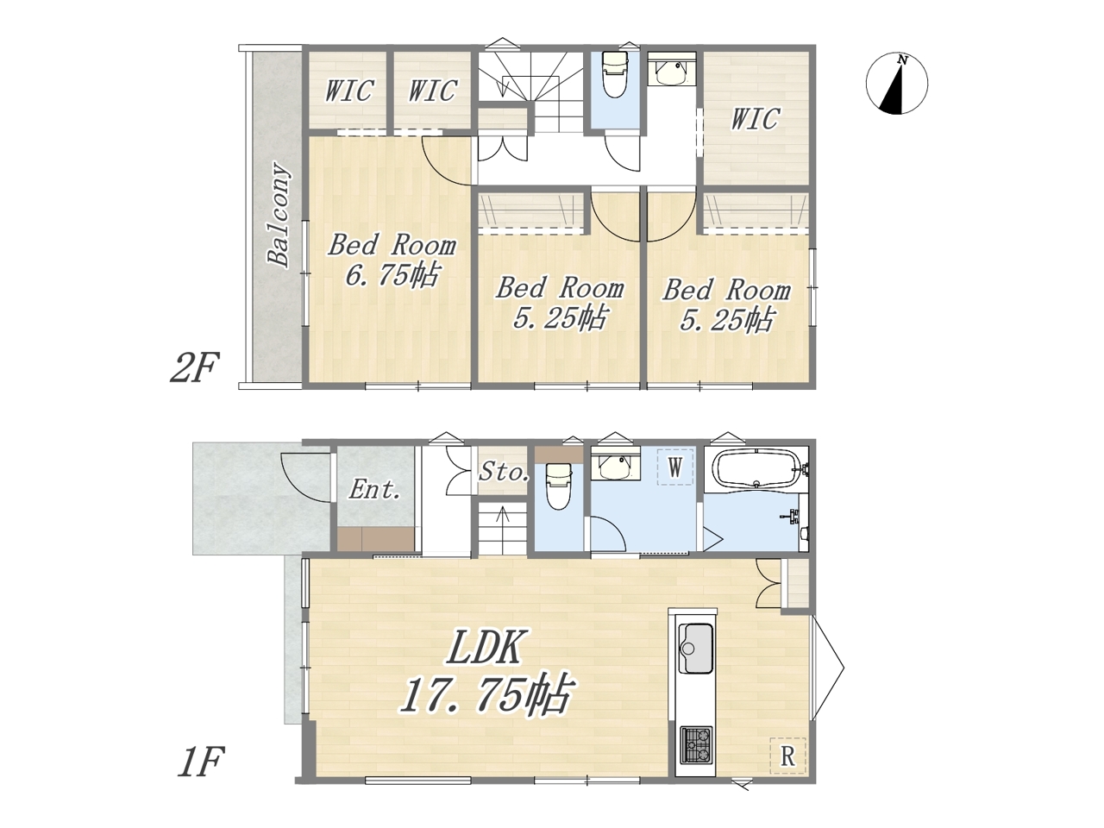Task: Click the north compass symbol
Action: (897, 84)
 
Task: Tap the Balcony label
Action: (279, 214)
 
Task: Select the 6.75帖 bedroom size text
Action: (392, 274)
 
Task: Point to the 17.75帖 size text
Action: (486, 694)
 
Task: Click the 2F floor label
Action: (195, 367)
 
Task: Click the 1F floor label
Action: (200, 762)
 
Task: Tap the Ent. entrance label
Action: (374, 489)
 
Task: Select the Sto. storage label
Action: (504, 472)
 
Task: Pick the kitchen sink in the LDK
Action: (695, 648)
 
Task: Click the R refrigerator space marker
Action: (787, 756)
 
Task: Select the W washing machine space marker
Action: (675, 467)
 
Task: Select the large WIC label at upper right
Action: (755, 119)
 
